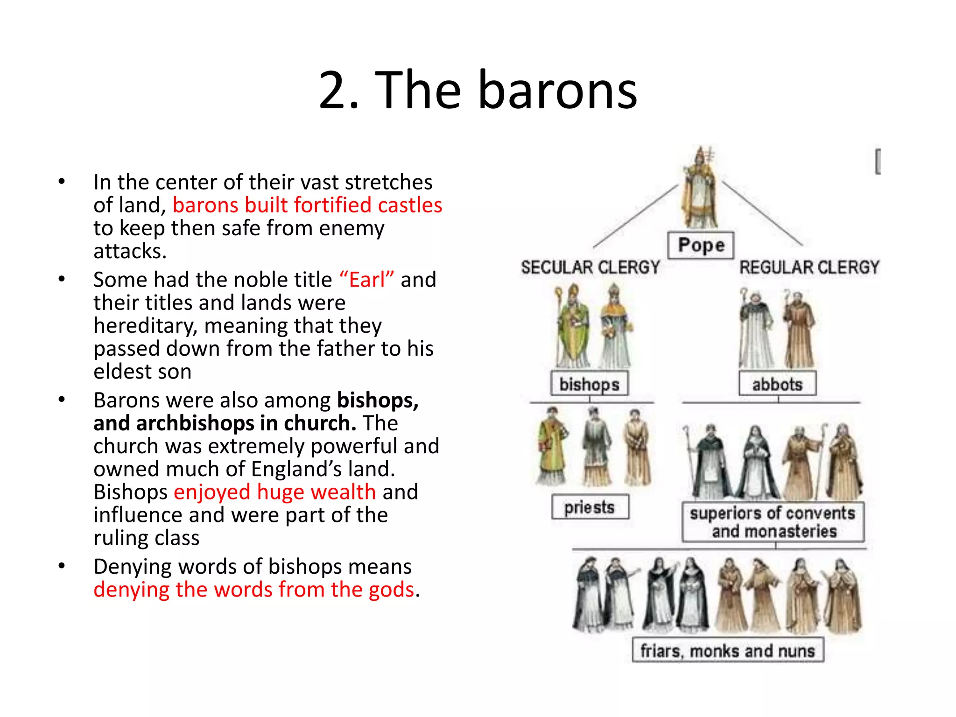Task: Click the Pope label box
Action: (x=701, y=245)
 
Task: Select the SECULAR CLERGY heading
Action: (x=590, y=267)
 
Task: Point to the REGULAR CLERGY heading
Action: (x=809, y=267)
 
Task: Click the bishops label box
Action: (x=589, y=384)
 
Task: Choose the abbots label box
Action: (x=777, y=384)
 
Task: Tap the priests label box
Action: (x=590, y=507)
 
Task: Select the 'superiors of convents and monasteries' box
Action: (x=773, y=522)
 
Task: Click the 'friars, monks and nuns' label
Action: (x=728, y=650)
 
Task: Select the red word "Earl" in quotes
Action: (x=367, y=280)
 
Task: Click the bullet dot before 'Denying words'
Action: (x=62, y=566)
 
